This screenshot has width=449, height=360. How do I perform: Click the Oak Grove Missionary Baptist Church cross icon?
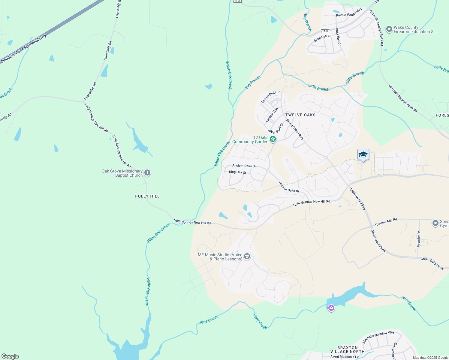click(x=147, y=173)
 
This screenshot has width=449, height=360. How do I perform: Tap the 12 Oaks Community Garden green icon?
click(x=273, y=139)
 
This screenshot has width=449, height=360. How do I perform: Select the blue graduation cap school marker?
click(x=363, y=155)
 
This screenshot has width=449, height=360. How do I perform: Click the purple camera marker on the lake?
click(x=331, y=308)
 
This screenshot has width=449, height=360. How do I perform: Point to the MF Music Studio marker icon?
click(x=247, y=256)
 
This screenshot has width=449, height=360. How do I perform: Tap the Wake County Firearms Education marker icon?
click(x=389, y=29)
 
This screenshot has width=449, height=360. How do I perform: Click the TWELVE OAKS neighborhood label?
click(x=300, y=115)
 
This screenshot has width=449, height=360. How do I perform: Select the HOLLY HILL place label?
click(x=147, y=196)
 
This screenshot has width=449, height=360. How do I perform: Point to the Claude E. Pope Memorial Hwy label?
click(x=23, y=49)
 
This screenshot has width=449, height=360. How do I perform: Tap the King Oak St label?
click(x=237, y=172)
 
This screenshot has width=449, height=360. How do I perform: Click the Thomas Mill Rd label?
click(x=386, y=222)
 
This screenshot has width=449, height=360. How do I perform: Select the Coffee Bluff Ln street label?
click(x=270, y=97)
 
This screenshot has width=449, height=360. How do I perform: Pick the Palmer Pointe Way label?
click(x=349, y=13)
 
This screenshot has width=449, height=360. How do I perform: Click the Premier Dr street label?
click(x=419, y=239)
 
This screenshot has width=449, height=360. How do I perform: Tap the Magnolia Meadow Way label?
click(x=378, y=337)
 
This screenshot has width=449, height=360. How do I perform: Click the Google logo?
click(x=10, y=356)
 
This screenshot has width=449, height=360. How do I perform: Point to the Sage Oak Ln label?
click(x=323, y=38)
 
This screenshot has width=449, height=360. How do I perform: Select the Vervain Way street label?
click(x=272, y=115)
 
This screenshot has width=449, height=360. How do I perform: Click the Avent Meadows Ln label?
click(x=344, y=357)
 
